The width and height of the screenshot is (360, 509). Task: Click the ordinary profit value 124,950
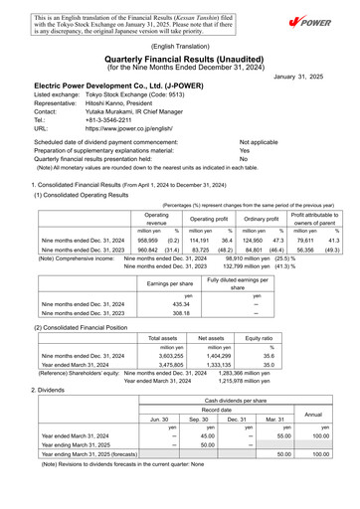258,240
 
